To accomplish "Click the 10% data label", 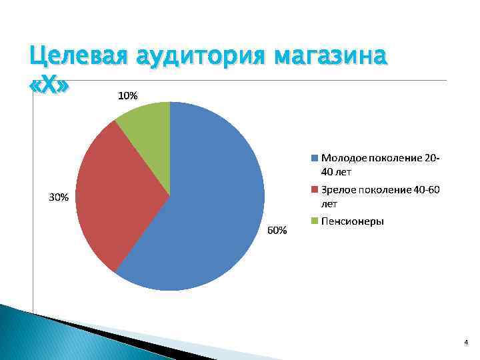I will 128,96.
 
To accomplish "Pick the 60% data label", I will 277,231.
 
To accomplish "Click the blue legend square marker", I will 315,159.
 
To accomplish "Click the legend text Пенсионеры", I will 352,221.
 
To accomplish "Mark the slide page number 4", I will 465,342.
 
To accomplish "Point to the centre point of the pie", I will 170,196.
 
